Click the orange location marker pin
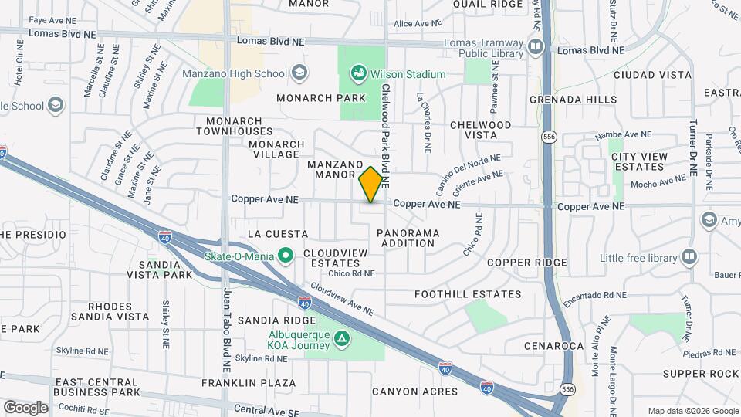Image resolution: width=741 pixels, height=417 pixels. click(371, 184)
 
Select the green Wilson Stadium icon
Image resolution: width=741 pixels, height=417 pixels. click(358, 74)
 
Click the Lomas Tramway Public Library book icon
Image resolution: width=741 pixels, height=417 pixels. click(535, 49)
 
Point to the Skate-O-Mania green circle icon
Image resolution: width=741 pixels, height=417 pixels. click(286, 255)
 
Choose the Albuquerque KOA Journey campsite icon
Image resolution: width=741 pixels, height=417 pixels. click(341, 339)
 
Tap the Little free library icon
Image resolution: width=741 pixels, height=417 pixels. click(689, 257)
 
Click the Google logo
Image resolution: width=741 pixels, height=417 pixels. click(25, 407)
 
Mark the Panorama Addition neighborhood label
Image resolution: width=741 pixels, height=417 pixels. click(408, 238)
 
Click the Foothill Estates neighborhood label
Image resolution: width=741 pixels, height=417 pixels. click(468, 294)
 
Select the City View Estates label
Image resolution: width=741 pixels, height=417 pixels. click(639, 162)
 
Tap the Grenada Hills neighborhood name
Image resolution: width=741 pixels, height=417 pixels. click(574, 100)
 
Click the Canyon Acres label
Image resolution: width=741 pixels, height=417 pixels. click(414, 392)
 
